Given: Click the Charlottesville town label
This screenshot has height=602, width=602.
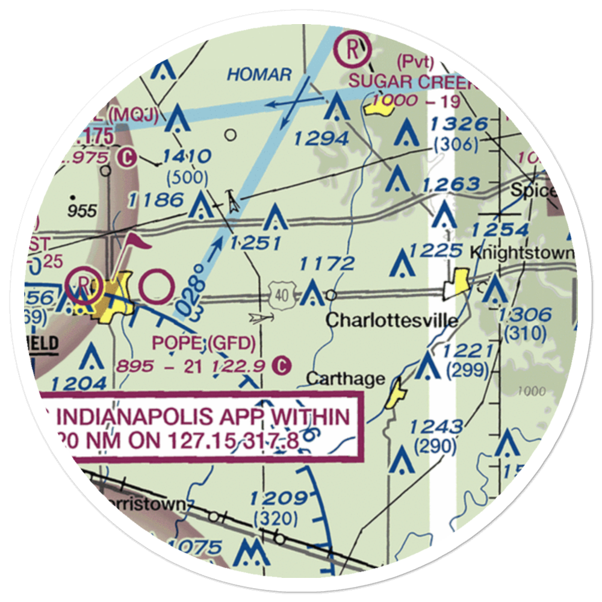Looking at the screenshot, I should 391,320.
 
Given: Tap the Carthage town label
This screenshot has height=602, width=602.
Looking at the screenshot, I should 345,379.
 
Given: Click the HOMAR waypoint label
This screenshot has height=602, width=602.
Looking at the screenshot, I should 259,75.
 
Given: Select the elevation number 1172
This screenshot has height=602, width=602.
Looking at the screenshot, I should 327,263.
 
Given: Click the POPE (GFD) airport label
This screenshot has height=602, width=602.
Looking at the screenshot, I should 203,343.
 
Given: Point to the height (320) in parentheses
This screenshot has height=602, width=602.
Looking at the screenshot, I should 276,518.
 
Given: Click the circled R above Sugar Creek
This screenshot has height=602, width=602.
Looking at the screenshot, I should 352,50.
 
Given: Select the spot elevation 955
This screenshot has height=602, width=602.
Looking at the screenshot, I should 82,211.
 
